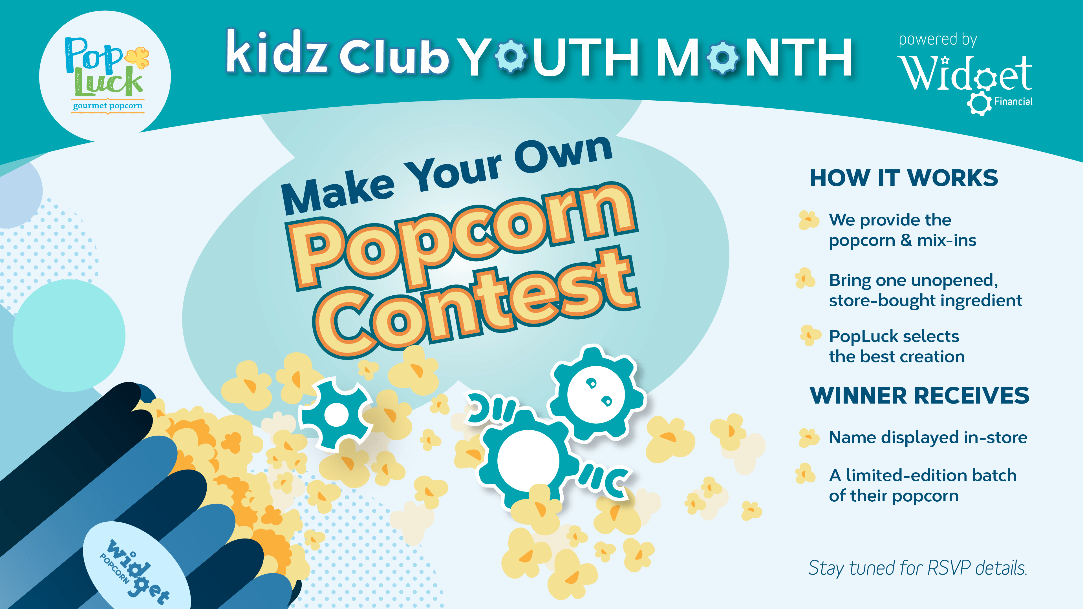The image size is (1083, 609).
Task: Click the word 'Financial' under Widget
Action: [x=1013, y=102]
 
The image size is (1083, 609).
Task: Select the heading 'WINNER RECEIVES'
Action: [x=919, y=395]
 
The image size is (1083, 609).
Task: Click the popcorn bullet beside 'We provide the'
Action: [x=808, y=220]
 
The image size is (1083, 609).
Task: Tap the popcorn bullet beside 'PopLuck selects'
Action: [x=810, y=335]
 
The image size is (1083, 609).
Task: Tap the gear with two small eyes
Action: [x=596, y=394]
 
